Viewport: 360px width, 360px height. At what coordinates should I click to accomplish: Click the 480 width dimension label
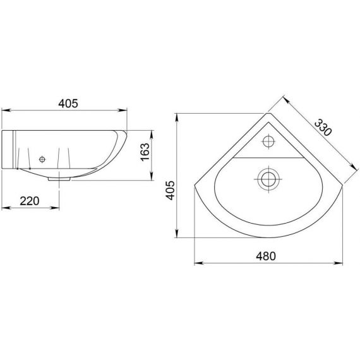coord(266,256)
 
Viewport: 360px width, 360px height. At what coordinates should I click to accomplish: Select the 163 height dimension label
coord(145,152)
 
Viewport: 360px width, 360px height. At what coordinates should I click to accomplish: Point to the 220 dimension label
coord(30,201)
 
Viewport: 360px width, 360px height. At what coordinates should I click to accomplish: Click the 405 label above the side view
coord(68,104)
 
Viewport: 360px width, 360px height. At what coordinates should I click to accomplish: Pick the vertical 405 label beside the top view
coord(171,190)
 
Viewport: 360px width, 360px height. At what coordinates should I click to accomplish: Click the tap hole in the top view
coord(268,141)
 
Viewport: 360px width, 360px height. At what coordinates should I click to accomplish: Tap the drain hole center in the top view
coord(268,179)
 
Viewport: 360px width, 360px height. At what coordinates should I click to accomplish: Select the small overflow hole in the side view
coord(42,159)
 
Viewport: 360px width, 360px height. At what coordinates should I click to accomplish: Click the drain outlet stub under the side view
coord(59,179)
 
